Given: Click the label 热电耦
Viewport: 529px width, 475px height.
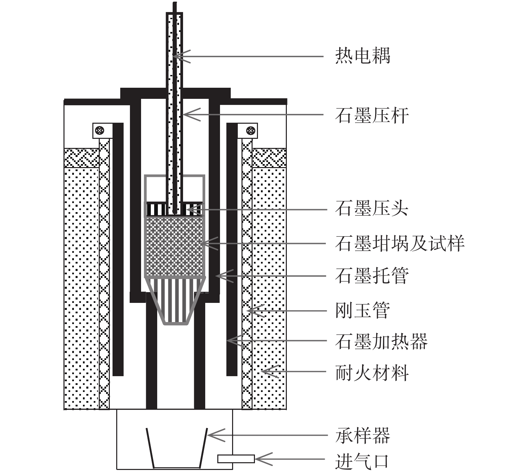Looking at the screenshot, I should (x=363, y=56).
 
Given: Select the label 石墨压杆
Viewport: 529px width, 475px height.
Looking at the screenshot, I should (x=372, y=115).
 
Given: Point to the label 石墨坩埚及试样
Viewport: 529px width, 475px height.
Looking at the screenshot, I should (x=400, y=243).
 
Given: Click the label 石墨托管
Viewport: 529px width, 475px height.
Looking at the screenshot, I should (x=372, y=276).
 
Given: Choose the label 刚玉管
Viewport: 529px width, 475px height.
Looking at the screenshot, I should (x=363, y=310).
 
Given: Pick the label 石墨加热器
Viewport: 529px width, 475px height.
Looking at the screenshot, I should (x=381, y=341).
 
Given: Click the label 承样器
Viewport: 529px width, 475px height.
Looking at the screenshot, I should (x=363, y=436).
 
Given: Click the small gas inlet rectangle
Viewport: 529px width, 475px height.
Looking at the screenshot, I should (x=236, y=459).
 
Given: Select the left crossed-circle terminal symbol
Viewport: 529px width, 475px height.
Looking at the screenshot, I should (x=99, y=130).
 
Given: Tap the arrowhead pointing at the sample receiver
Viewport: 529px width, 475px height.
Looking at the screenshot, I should (x=210, y=435).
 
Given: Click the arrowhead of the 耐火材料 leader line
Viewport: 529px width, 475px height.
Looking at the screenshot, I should (x=264, y=371).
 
